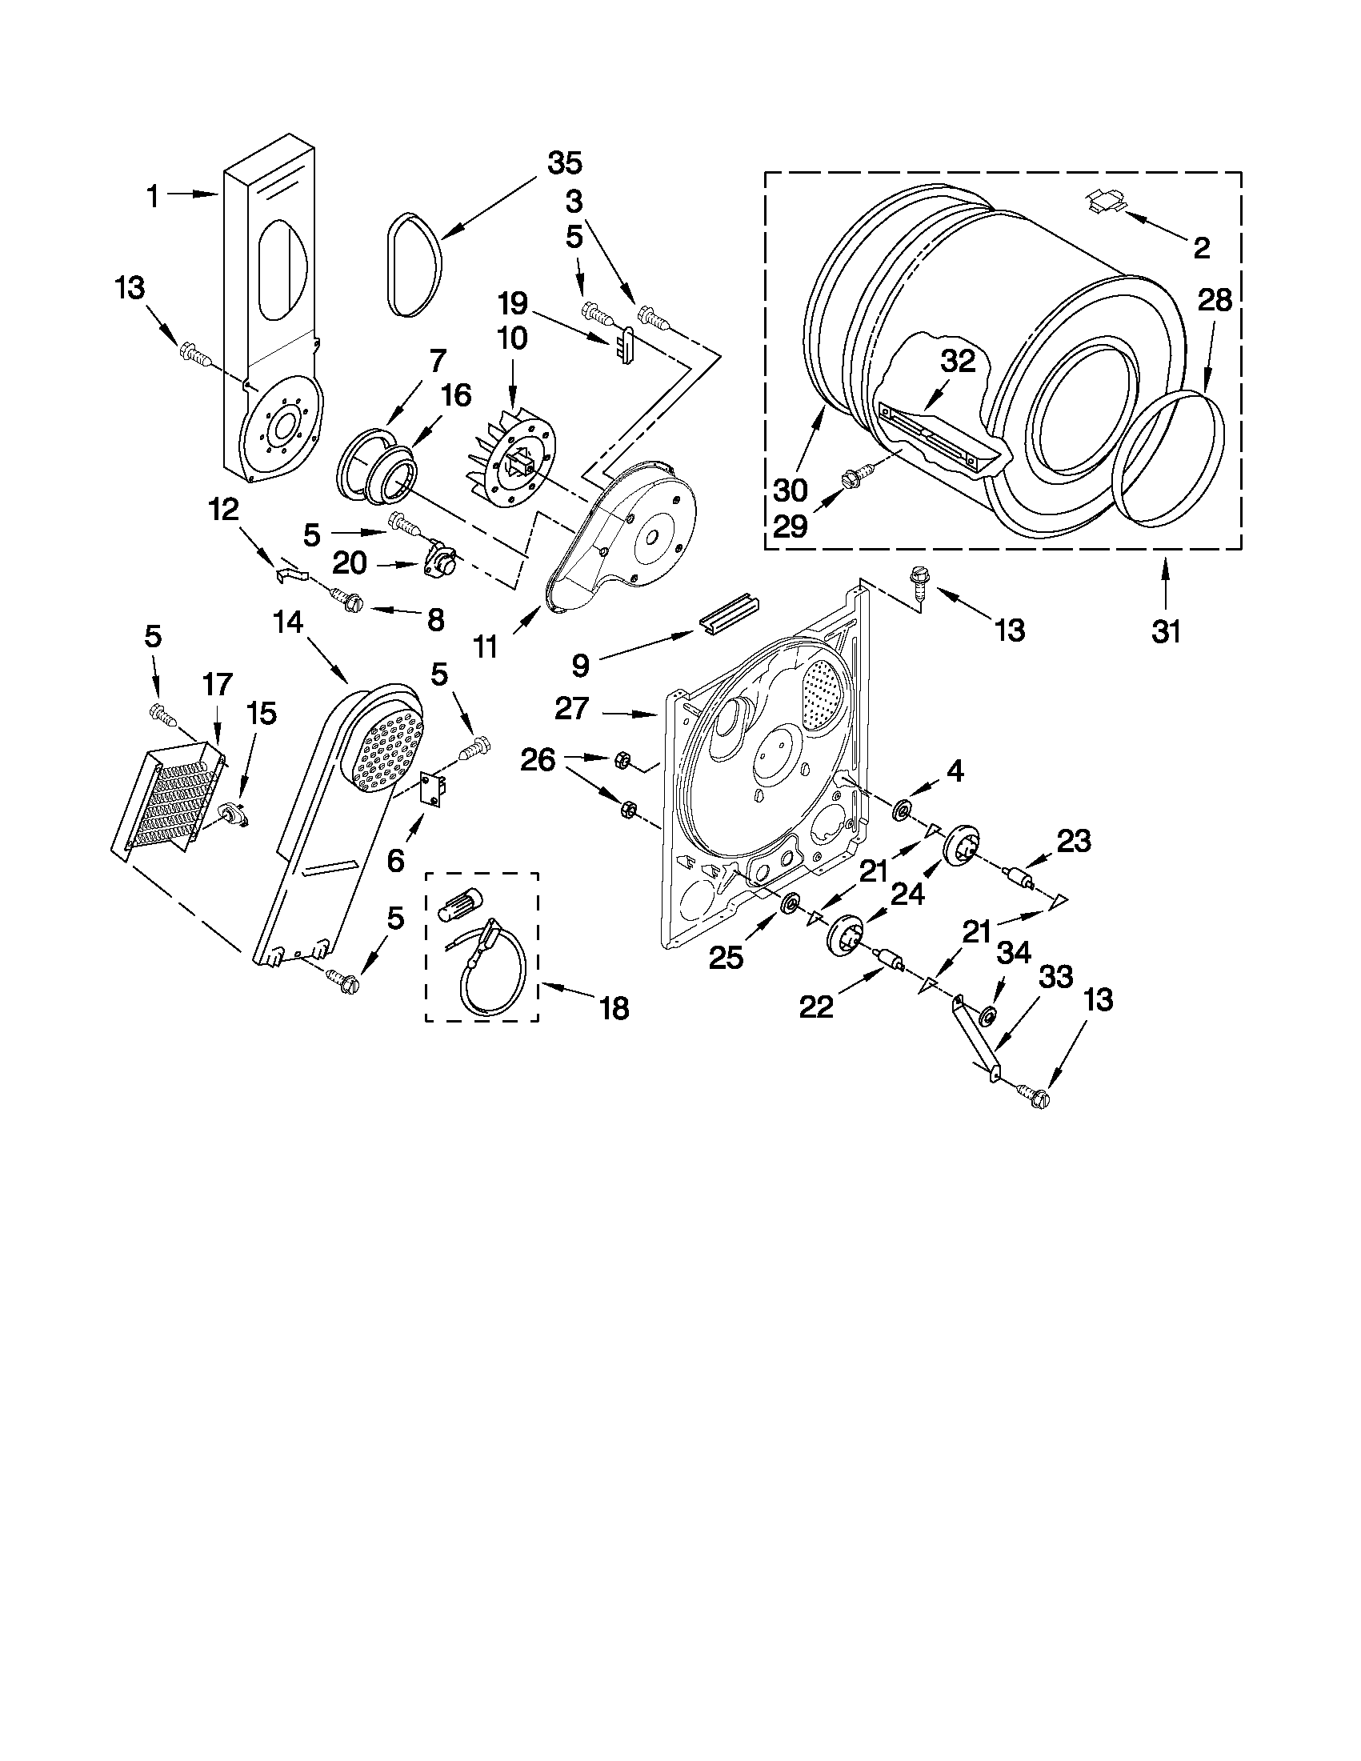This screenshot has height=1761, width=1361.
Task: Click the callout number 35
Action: tap(564, 163)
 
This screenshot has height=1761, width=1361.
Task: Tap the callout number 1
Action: tap(152, 196)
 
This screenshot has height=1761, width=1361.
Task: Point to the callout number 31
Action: tap(1166, 631)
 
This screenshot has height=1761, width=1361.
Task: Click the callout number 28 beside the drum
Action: tap(1215, 301)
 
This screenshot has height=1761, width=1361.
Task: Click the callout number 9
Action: tap(581, 664)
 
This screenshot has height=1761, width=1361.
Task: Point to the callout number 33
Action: tap(1056, 977)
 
